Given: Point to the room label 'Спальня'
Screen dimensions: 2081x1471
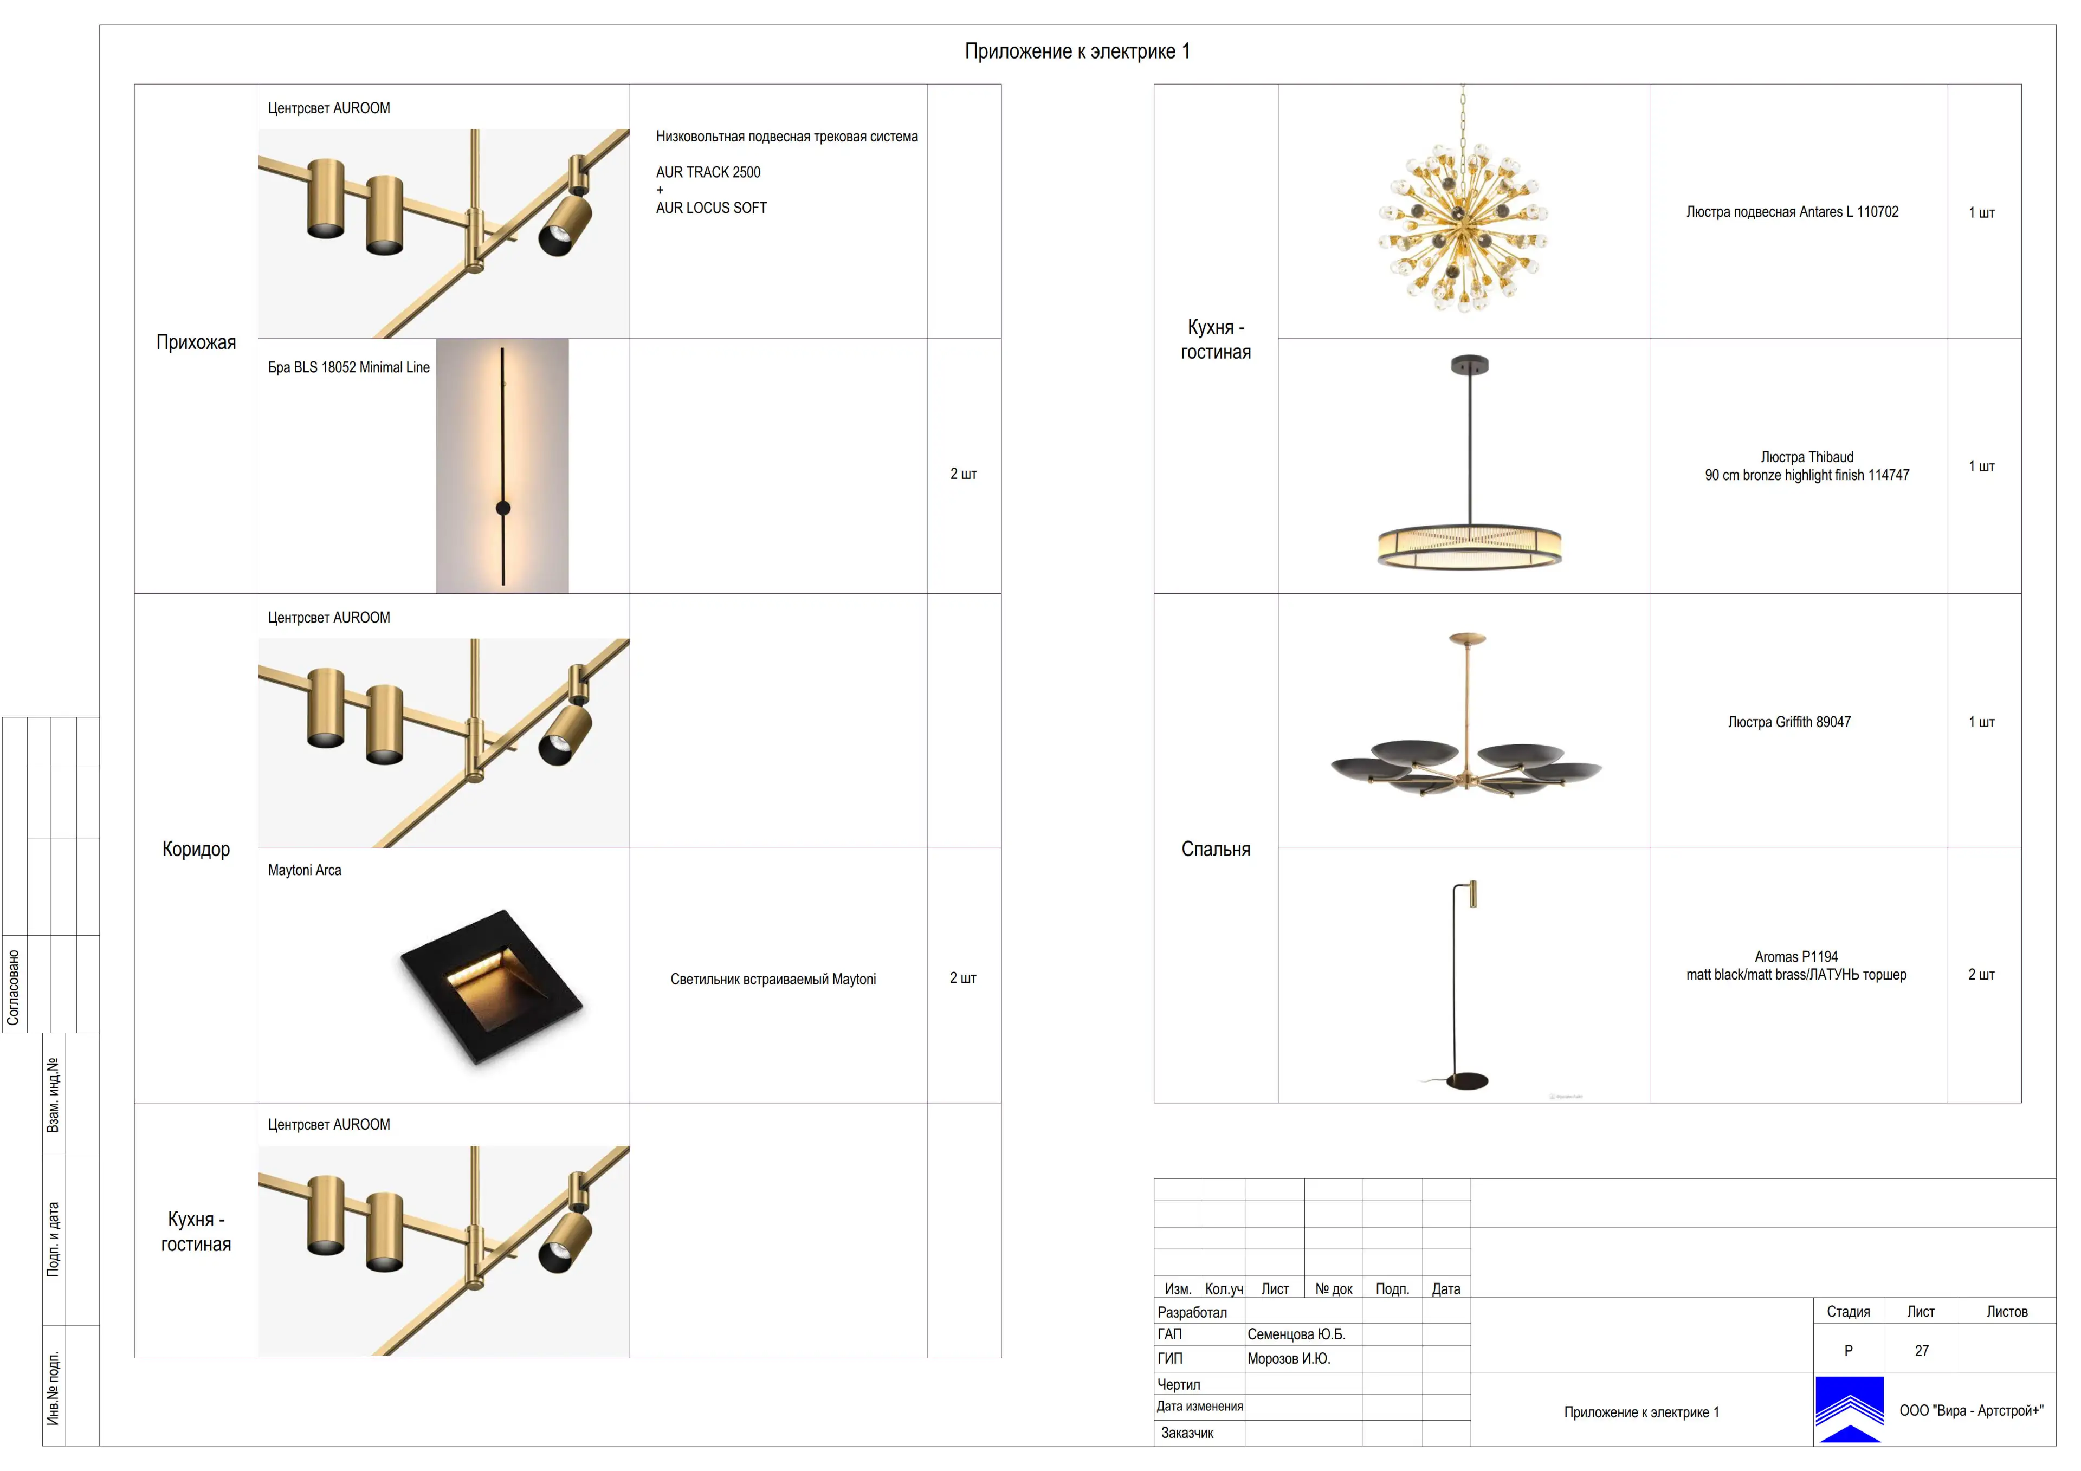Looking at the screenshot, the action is (x=1216, y=849).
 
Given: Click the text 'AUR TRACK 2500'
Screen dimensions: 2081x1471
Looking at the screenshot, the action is (x=708, y=172).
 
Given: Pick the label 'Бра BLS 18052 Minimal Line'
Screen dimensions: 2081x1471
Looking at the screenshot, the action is (x=349, y=367).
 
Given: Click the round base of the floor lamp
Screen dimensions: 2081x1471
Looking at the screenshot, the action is (x=1468, y=1081).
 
